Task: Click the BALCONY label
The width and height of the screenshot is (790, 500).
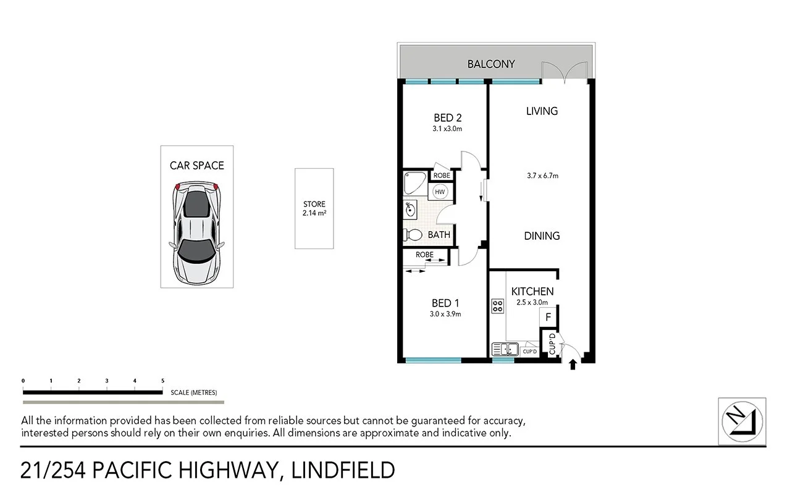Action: coord(490,64)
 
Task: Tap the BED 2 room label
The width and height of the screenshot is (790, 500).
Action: coord(448,117)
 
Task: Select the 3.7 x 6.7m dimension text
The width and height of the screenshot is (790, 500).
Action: coord(542,176)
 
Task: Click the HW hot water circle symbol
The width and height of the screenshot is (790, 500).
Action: coord(440,192)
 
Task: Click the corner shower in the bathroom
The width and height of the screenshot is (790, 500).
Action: coord(413,183)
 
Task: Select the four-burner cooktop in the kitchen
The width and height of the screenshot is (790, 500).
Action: coord(497,305)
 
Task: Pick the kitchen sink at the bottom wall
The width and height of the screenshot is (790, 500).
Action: coord(505,350)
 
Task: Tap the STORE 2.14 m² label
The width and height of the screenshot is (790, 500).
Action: coord(314,209)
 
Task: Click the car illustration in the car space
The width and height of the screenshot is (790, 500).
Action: coord(196,232)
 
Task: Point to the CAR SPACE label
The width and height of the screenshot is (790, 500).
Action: coord(196,166)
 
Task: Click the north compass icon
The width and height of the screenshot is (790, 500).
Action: coord(742,421)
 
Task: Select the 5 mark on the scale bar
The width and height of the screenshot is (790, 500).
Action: coord(162,381)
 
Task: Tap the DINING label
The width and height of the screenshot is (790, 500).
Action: coord(542,236)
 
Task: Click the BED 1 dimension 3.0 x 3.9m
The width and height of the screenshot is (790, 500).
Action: coord(446,314)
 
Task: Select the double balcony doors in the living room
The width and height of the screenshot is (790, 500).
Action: coord(564,72)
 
